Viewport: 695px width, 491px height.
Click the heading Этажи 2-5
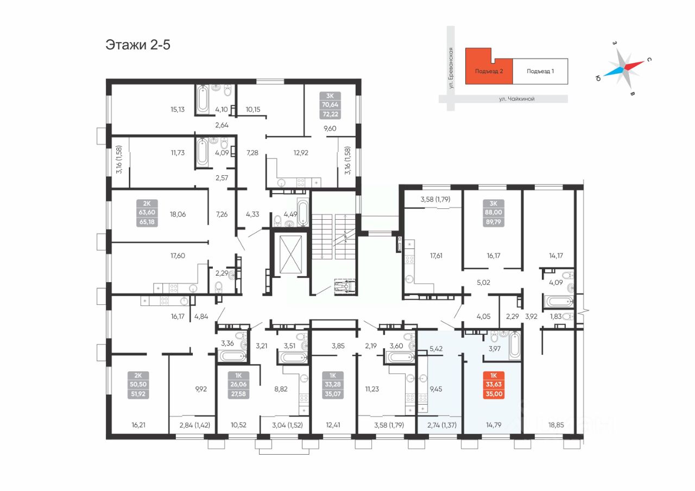pos(138,45)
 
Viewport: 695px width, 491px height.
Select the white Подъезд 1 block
pos(540,71)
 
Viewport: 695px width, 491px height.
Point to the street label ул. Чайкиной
pos(516,99)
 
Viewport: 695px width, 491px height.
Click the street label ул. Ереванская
pos(451,68)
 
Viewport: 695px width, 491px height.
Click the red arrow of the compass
pos(634,65)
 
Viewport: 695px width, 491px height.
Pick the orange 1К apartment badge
pos(494,385)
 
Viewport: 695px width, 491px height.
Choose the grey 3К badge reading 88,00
pos(494,213)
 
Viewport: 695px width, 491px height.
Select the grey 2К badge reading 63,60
pos(147,213)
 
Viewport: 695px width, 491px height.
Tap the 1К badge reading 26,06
pos(238,385)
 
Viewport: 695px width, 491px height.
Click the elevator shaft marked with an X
pos(290,254)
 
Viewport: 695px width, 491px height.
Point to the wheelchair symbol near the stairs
pos(344,286)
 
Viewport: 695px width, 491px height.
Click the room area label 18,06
pos(178,214)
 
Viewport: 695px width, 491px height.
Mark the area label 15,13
pos(178,110)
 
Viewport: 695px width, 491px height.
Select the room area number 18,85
pos(555,425)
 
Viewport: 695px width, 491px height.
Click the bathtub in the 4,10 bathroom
pos(203,99)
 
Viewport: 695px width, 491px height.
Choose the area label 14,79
pos(494,425)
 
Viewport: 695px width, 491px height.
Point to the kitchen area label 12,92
pos(301,153)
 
